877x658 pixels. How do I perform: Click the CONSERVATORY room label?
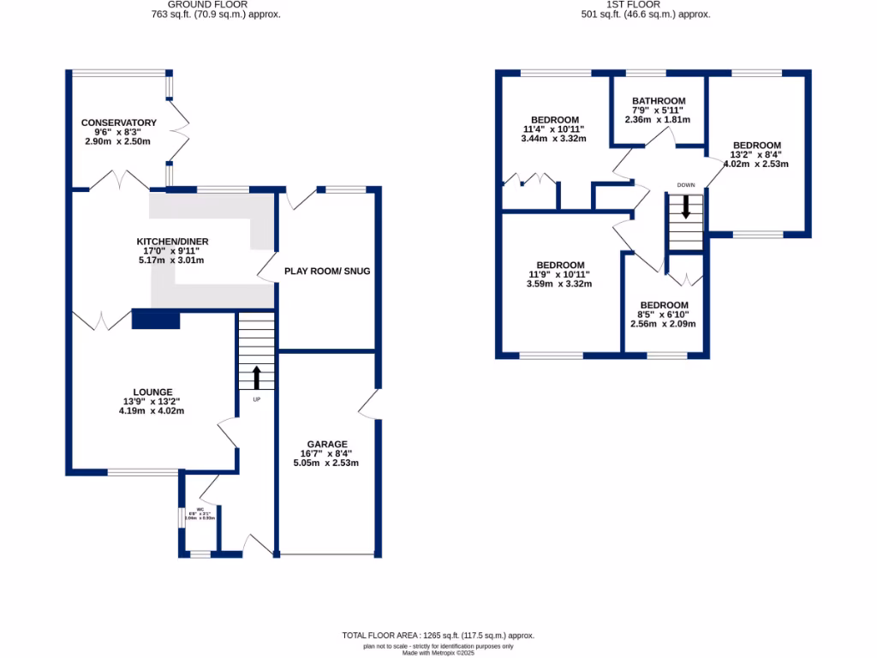[x=119, y=123]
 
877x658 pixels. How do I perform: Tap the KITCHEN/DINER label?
[x=172, y=241]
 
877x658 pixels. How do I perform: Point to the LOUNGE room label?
[x=152, y=392]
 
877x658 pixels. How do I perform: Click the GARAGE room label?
[x=326, y=444]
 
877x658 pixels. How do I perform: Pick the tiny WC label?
[x=200, y=510]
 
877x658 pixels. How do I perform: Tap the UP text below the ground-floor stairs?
[x=256, y=399]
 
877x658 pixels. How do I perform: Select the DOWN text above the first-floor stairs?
[x=685, y=185]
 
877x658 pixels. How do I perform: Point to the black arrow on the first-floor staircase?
[x=685, y=206]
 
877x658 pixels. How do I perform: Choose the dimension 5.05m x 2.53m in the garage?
[x=326, y=464]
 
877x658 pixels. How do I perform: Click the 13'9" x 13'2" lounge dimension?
[x=152, y=401]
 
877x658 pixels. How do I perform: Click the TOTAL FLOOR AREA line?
[x=438, y=635]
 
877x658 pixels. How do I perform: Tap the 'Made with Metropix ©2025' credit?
[x=438, y=653]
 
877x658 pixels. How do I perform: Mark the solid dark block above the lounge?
[x=156, y=320]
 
